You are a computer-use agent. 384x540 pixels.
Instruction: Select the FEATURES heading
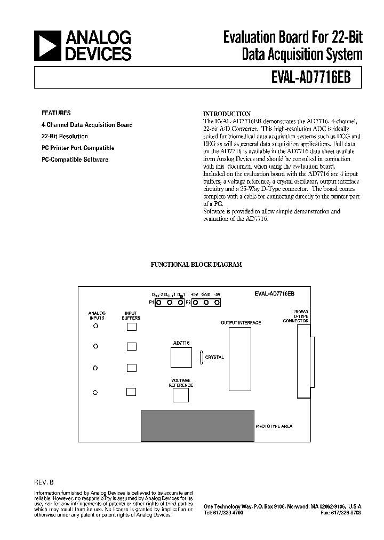[56, 113]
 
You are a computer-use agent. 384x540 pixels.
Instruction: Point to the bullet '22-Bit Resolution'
[65, 136]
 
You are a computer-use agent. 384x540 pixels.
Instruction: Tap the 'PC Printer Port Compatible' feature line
[78, 148]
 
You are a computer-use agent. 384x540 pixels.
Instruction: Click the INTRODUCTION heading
[227, 114]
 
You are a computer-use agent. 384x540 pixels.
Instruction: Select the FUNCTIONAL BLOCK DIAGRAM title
[196, 265]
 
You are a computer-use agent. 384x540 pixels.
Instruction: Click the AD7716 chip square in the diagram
[181, 358]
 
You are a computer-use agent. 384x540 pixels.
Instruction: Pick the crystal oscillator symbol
[201, 357]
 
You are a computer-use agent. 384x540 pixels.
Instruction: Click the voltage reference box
[181, 395]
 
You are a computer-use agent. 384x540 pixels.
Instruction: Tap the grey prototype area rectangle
[197, 426]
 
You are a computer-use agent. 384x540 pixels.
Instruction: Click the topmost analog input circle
[96, 327]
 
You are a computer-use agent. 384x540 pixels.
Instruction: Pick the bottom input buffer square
[131, 392]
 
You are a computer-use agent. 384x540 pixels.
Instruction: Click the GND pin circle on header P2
[205, 303]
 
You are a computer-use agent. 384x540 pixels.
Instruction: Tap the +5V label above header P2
[194, 295]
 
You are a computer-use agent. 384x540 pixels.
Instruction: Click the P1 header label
[151, 303]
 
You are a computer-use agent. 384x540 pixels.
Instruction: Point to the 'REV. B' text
[44, 482]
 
